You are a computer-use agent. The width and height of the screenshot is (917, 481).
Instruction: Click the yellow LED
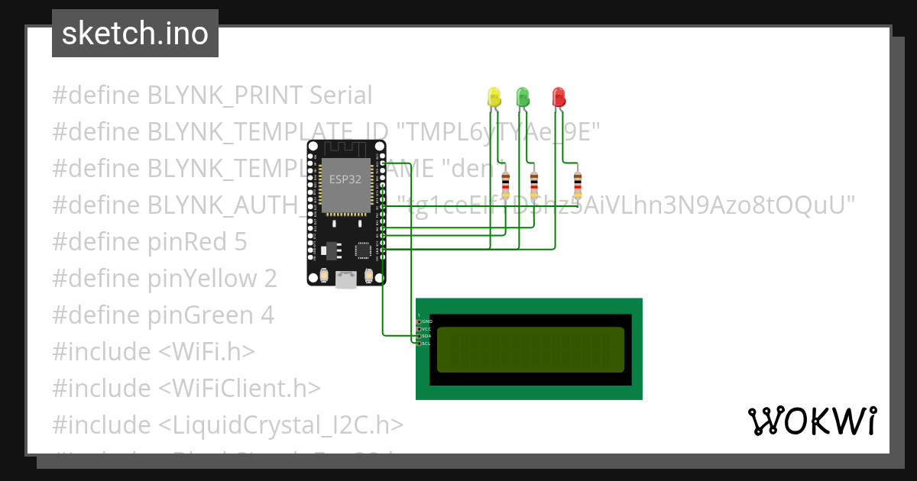pyautogui.click(x=494, y=97)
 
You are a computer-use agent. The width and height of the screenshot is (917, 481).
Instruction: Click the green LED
pyautogui.click(x=523, y=96)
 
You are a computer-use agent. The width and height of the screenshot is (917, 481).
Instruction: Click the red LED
pyautogui.click(x=559, y=96)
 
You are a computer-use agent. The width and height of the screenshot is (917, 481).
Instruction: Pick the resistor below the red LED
pyautogui.click(x=577, y=184)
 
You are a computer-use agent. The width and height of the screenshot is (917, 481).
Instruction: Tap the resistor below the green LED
pyautogui.click(x=534, y=185)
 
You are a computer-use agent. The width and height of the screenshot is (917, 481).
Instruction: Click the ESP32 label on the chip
pyautogui.click(x=345, y=180)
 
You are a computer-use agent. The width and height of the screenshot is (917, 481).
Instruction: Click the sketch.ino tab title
pyautogui.click(x=135, y=34)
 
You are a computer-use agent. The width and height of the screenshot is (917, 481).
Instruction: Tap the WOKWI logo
pyautogui.click(x=812, y=421)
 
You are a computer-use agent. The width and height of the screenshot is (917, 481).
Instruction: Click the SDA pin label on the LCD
pyautogui.click(x=426, y=336)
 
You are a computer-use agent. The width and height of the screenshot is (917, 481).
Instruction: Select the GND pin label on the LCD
pyautogui.click(x=426, y=321)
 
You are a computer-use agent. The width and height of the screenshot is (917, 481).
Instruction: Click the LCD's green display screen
pyautogui.click(x=530, y=349)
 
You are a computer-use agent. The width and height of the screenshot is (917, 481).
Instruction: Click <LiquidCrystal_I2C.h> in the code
pyautogui.click(x=281, y=425)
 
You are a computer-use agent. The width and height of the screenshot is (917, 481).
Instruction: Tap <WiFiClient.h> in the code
pyautogui.click(x=240, y=388)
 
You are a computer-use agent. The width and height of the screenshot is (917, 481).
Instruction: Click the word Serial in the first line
pyautogui.click(x=341, y=95)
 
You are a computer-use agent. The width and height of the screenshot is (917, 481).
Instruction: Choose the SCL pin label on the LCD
pyautogui.click(x=426, y=344)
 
